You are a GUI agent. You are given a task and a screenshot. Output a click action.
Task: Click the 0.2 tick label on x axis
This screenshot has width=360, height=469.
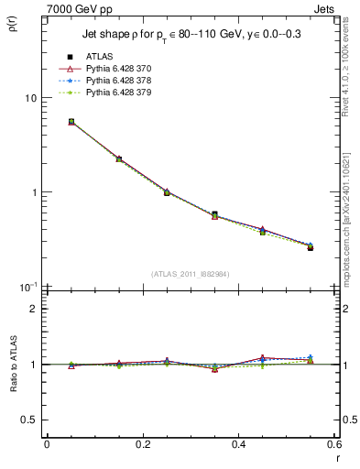pos(143,446)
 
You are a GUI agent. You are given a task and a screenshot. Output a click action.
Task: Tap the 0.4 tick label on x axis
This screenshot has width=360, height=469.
pos(239,446)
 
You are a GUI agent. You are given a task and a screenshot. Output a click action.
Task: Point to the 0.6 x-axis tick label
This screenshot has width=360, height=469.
pos(334,446)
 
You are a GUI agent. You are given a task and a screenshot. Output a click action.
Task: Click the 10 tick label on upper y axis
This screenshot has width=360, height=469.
pos(29,98)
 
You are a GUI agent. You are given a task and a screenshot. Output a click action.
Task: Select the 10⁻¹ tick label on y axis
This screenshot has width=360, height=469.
pos(27,287)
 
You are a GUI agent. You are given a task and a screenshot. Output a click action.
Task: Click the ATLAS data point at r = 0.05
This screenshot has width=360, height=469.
pos(71,121)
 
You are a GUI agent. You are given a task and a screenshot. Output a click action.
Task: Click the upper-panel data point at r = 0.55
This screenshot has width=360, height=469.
pos(311,247)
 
